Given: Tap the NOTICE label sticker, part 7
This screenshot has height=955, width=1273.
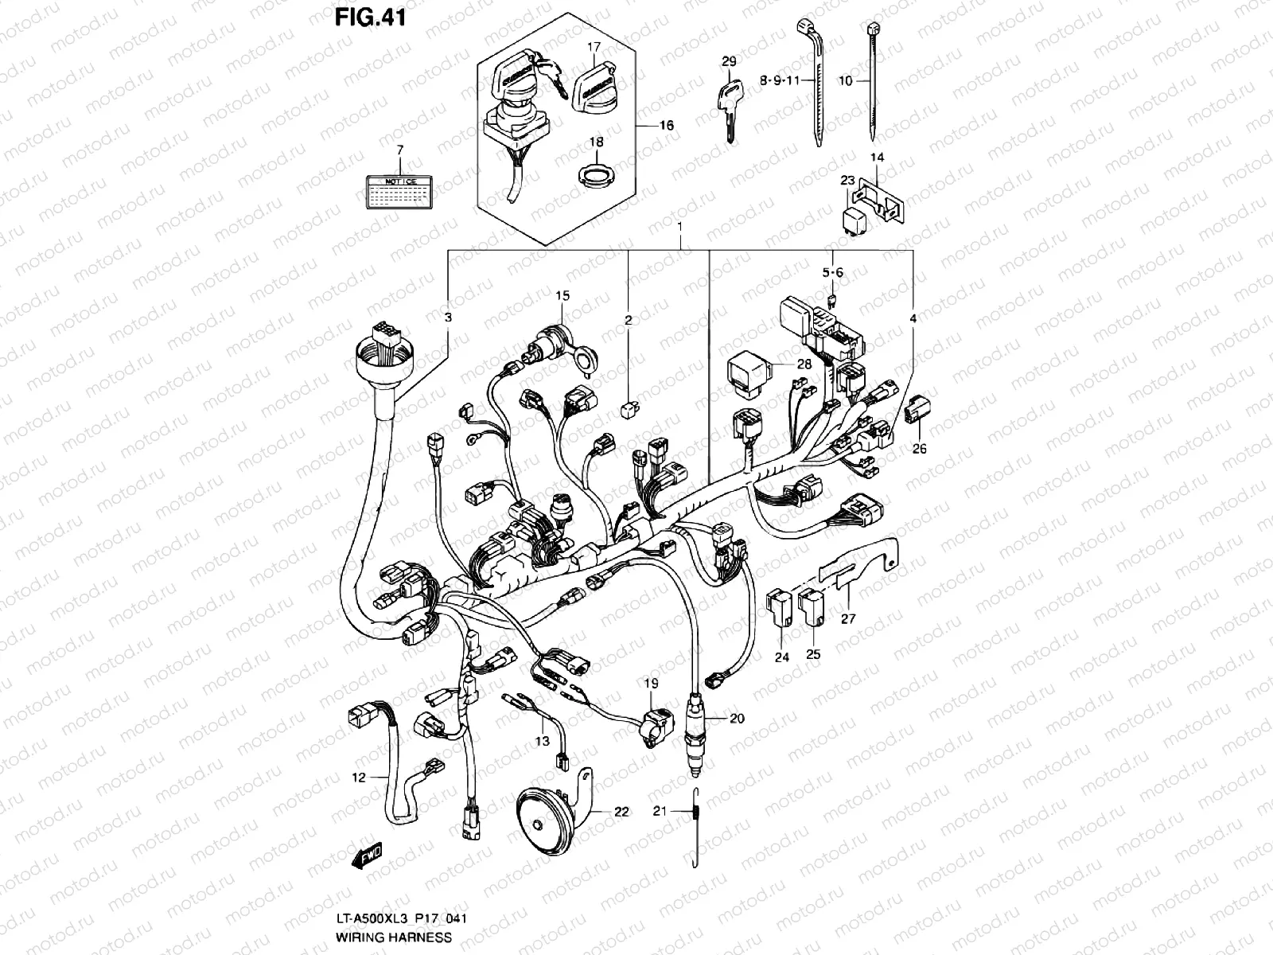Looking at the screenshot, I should tap(400, 192).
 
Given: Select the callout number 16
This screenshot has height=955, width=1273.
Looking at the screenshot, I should tap(666, 126).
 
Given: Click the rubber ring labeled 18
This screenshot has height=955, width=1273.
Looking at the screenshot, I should tap(594, 173).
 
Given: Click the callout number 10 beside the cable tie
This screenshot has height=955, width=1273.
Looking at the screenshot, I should tap(845, 80).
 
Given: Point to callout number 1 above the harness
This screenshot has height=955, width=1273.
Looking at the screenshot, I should tap(680, 228).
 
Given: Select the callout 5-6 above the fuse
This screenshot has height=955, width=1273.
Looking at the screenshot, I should tap(832, 272).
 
